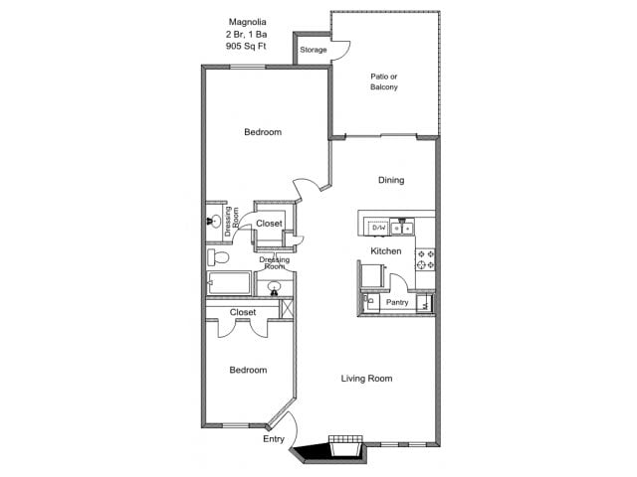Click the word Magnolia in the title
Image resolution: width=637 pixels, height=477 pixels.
tap(246, 20)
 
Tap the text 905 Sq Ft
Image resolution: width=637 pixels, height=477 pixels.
tap(246, 46)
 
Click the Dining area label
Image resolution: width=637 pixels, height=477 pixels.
tap(391, 180)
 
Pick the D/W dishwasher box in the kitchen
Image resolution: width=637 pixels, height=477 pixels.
tap(378, 228)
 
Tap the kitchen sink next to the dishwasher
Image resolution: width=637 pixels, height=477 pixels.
tap(401, 228)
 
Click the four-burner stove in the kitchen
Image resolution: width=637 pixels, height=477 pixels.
tap(426, 260)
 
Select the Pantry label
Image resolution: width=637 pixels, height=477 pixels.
tap(397, 302)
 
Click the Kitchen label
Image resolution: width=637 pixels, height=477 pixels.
tap(386, 251)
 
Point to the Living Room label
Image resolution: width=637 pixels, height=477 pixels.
tap(366, 378)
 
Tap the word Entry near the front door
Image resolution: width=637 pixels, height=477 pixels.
tap(274, 438)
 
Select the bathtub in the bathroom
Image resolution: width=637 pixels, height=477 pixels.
tap(230, 285)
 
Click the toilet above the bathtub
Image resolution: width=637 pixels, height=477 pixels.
tap(220, 258)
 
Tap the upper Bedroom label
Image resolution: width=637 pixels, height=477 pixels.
tap(263, 132)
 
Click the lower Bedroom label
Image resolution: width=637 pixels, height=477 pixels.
tap(248, 370)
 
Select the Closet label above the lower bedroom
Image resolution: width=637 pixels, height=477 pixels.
tap(243, 312)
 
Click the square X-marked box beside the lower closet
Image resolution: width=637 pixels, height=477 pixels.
tap(288, 307)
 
